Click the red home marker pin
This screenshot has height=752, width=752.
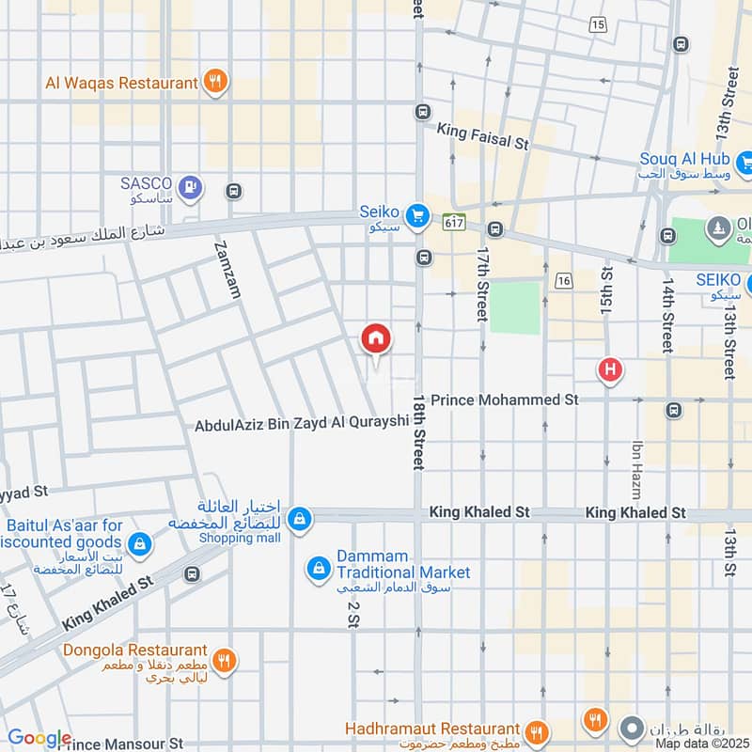376,338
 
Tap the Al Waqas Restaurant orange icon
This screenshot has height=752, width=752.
216,82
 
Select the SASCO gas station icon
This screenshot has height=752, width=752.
192,187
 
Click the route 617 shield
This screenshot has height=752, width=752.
455,222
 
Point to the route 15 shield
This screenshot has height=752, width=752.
599,24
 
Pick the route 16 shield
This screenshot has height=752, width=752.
564,280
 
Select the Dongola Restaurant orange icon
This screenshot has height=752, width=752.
223,660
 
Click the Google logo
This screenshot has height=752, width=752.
39,738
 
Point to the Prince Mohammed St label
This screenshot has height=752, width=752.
504,399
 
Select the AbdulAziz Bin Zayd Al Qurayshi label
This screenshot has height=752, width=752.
303,425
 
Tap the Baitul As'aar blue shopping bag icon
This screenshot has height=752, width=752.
139,542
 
